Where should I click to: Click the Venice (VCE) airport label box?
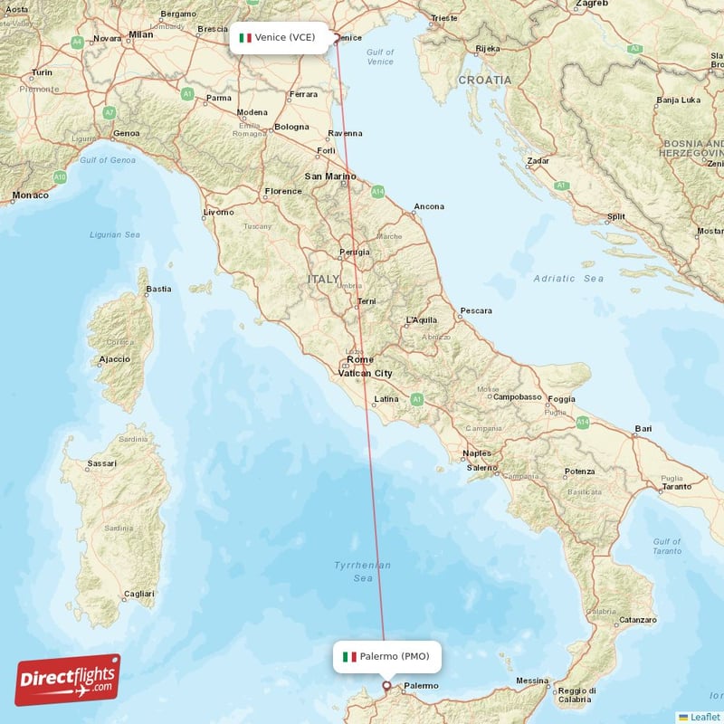coord(278,38)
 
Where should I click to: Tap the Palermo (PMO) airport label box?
coord(387,656)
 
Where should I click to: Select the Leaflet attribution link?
coord(704,717)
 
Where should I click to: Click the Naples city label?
coord(476,453)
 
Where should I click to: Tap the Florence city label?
coord(282,192)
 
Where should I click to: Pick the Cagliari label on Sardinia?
coord(138,594)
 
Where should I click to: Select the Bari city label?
coord(643,428)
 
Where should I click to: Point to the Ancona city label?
coord(429,206)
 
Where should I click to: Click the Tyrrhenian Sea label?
coord(363,571)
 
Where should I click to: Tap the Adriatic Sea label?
coord(568,279)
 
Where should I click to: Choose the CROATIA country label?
coord(484,80)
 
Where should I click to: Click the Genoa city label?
coord(126,133)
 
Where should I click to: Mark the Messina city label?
coord(532,681)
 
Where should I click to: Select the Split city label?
coord(615,217)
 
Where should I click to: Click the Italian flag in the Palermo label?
coord(349,656)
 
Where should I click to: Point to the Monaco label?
coord(31,195)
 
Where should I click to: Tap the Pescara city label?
coord(475,311)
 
